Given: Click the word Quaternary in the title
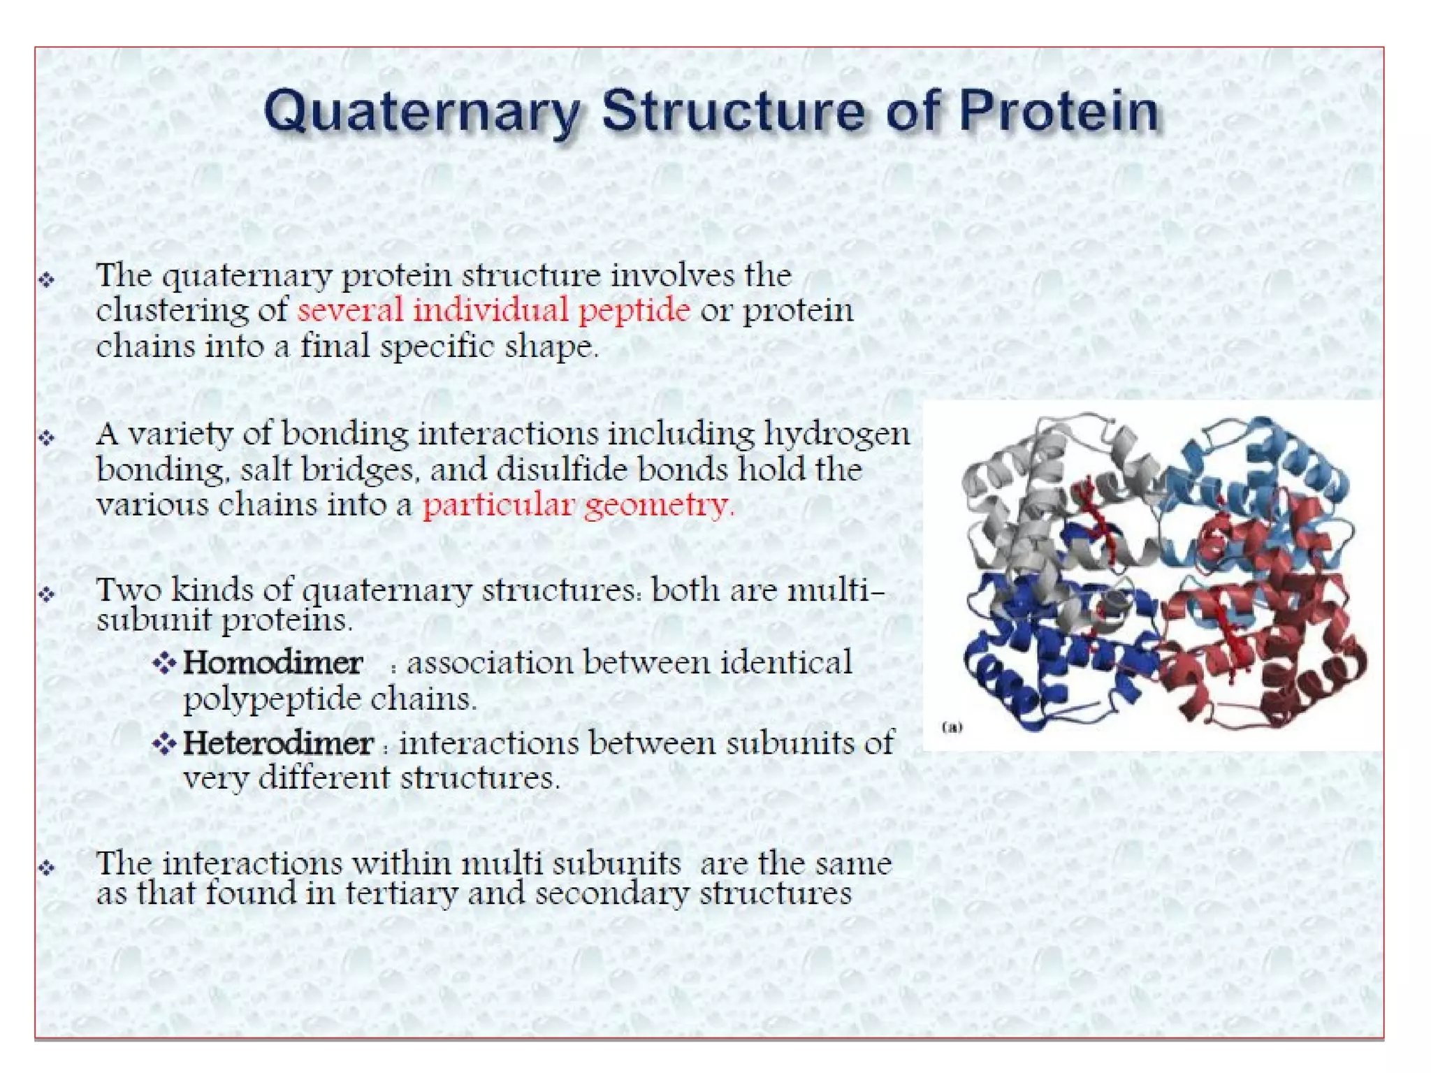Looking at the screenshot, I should point(422,112).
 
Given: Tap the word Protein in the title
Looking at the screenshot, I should point(1058,112).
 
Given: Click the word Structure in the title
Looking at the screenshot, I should point(733,112).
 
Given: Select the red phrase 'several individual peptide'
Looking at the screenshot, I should point(493,310).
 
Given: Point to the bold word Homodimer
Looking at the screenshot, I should point(273,663).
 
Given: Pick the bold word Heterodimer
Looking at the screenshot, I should point(278,743).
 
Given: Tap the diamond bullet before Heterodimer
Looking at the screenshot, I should point(164,743).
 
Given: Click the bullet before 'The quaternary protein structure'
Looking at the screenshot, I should point(47,280).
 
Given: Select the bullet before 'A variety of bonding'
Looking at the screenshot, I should point(47,438).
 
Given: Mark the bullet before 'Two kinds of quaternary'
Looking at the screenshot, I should point(47,594).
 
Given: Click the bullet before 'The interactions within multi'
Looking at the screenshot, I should point(47,868).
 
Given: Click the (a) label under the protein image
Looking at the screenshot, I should point(952,727).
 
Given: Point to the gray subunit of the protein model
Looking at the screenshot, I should point(1020,489).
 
